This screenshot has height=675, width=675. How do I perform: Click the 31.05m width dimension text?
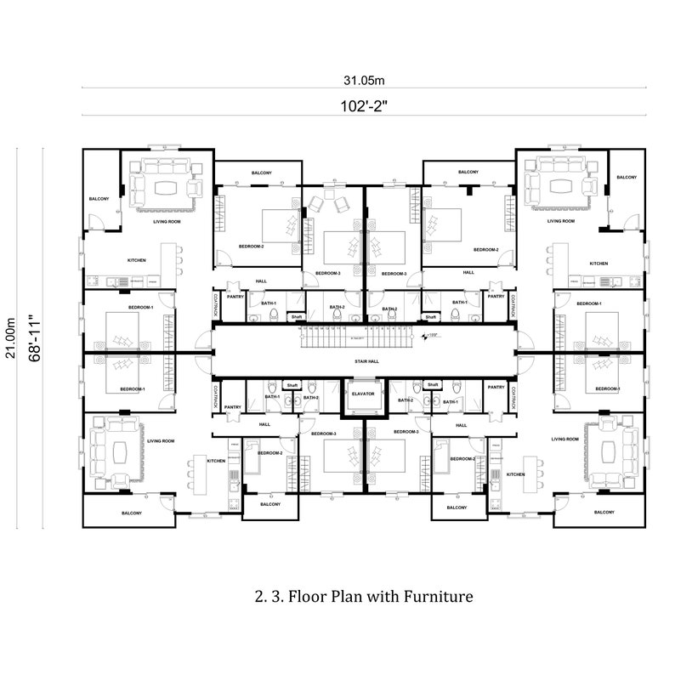click(x=365, y=81)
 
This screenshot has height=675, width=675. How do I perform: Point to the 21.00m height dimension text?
click(x=12, y=338)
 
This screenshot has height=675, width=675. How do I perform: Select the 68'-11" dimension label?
click(x=35, y=338)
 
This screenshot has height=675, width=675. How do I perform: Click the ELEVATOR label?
click(x=363, y=394)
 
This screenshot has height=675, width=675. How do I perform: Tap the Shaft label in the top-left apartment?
click(x=297, y=316)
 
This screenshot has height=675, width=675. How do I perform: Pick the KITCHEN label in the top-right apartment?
click(x=598, y=264)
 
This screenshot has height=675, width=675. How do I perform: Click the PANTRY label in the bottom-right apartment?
click(x=496, y=386)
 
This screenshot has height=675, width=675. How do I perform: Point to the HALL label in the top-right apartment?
click(x=468, y=272)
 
